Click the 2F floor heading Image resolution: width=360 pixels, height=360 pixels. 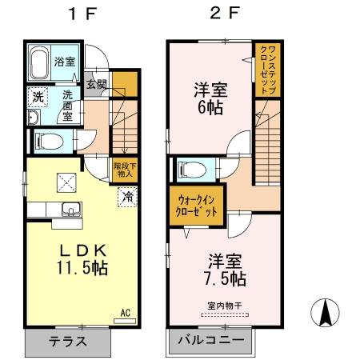(x=222, y=14)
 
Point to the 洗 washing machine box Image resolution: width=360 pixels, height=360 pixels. (x=38, y=96)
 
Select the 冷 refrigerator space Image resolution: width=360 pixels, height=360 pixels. (x=126, y=195)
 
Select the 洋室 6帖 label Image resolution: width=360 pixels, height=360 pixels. (x=211, y=96)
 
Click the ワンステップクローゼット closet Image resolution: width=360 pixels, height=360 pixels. (x=265, y=70)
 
